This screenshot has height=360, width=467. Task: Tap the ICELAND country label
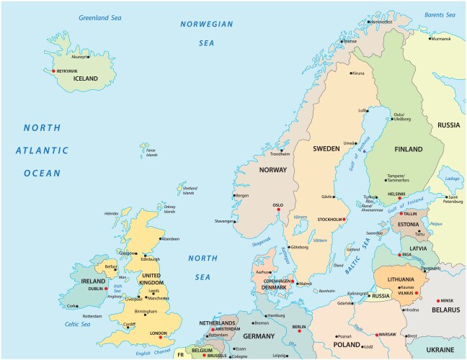tap(86, 78)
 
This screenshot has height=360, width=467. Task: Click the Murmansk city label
tap(440, 39)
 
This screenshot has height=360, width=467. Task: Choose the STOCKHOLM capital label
tap(329, 219)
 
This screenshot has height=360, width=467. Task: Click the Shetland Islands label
tap(188, 190)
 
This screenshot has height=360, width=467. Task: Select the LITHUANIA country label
tap(401, 279)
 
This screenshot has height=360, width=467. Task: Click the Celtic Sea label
tap(77, 324)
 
